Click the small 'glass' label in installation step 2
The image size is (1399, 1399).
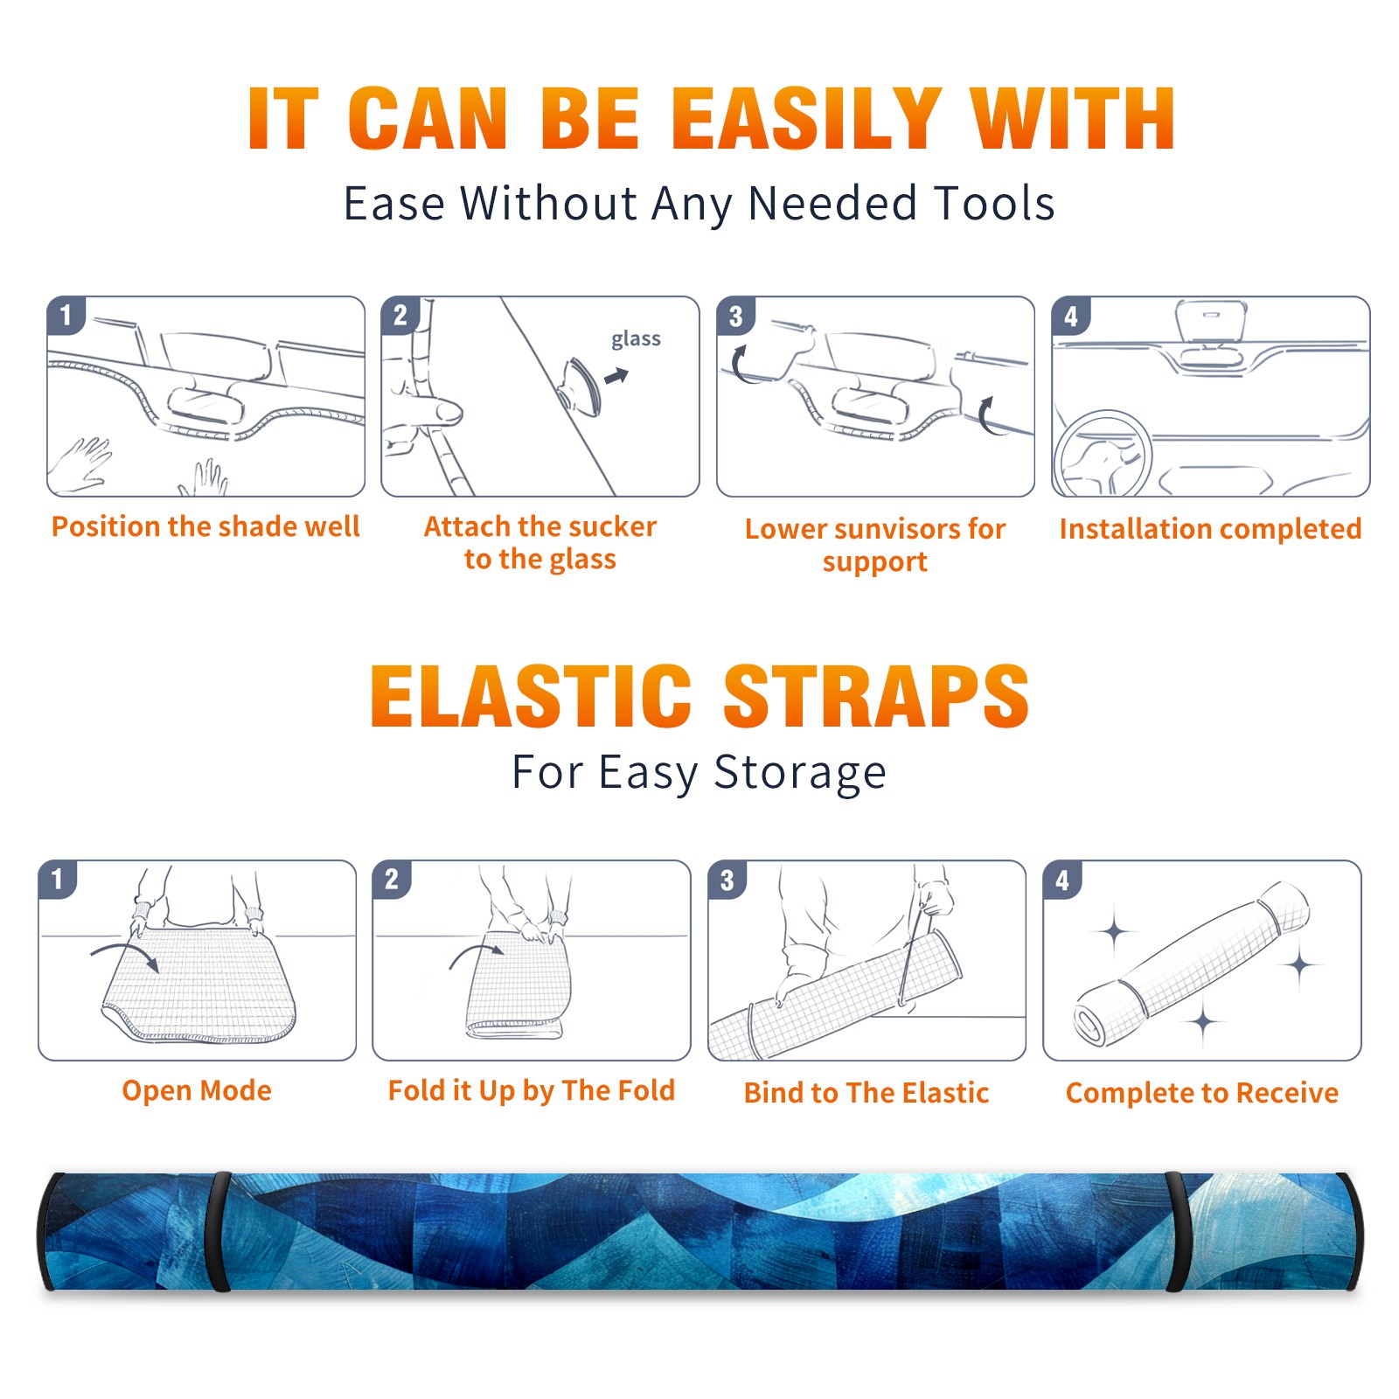pyautogui.click(x=636, y=339)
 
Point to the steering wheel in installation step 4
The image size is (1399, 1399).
pyautogui.click(x=1102, y=453)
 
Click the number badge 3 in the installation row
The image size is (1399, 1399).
pyautogui.click(x=735, y=317)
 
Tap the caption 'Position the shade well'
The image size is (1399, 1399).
pyautogui.click(x=205, y=526)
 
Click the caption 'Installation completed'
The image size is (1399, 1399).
pyautogui.click(x=1210, y=529)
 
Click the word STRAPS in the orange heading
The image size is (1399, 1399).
pyautogui.click(x=876, y=696)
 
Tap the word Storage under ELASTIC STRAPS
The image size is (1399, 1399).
pyautogui.click(x=800, y=773)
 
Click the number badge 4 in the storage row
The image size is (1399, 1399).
pyautogui.click(x=1062, y=880)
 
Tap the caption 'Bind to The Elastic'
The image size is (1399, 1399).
pyautogui.click(x=866, y=1093)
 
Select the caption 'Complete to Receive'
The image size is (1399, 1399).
pyautogui.click(x=1202, y=1093)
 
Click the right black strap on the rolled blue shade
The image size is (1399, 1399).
pyautogui.click(x=1177, y=1231)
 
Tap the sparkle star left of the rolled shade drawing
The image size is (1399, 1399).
pyautogui.click(x=1115, y=932)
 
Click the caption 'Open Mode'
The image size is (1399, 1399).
pyautogui.click(x=197, y=1090)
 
